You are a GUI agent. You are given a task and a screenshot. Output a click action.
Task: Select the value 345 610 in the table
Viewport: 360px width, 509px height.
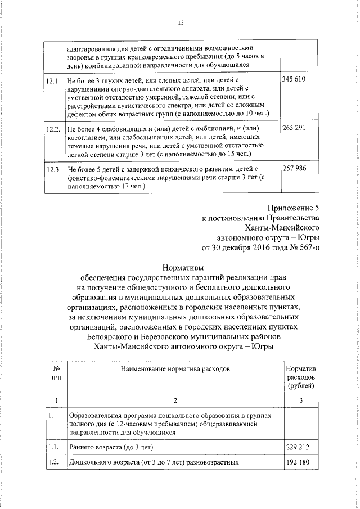[294, 80]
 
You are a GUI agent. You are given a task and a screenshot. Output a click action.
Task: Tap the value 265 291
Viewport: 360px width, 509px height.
[294, 129]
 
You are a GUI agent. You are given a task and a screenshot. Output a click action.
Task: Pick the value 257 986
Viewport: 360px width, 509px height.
[294, 169]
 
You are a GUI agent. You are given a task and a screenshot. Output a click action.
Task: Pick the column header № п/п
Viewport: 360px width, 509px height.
[56, 372]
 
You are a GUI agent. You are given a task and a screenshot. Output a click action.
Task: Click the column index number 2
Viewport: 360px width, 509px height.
[175, 400]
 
